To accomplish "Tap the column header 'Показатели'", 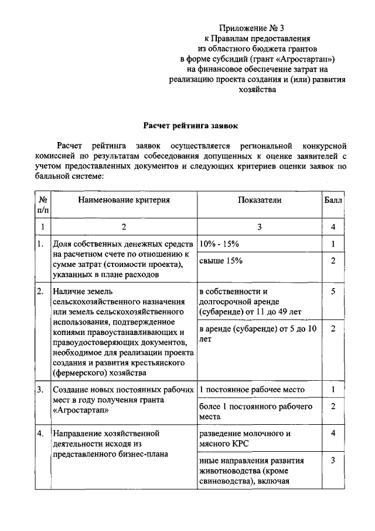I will pyautogui.click(x=259, y=200).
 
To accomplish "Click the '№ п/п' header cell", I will pyautogui.click(x=42, y=205).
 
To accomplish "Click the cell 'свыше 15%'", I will pyautogui.click(x=221, y=261).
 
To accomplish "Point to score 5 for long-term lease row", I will pyautogui.click(x=333, y=291).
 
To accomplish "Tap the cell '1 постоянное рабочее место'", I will pyautogui.click(x=250, y=389).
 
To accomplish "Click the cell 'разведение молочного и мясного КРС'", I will pyautogui.click(x=244, y=439).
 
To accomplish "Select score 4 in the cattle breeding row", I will pyautogui.click(x=333, y=434).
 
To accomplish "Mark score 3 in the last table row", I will pyautogui.click(x=333, y=461).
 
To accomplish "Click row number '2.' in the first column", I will pyautogui.click(x=40, y=291).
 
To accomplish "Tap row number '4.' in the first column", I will pyautogui.click(x=40, y=434).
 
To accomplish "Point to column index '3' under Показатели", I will pyautogui.click(x=259, y=226).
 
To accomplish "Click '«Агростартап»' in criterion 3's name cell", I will pyautogui.click(x=78, y=410).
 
